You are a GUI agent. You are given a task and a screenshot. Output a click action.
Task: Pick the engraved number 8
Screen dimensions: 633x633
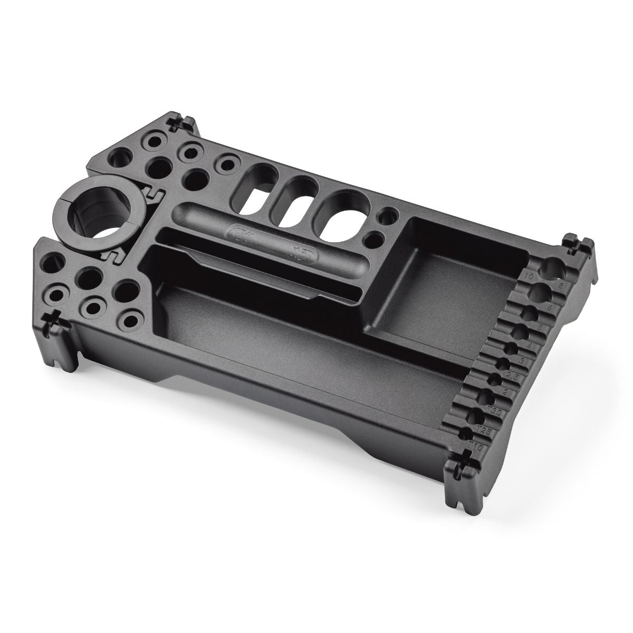[561, 285]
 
